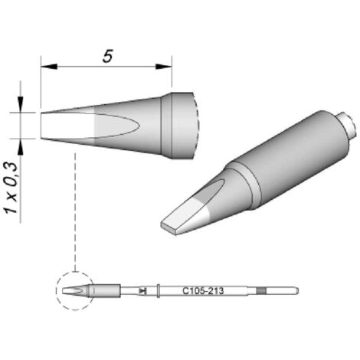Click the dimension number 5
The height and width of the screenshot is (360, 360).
pyautogui.click(x=107, y=57)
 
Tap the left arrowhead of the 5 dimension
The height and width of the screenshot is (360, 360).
pyautogui.click(x=48, y=67)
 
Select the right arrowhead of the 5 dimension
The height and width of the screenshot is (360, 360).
pyautogui.click(x=164, y=67)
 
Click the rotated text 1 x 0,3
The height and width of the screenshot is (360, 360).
pyautogui.click(x=11, y=188)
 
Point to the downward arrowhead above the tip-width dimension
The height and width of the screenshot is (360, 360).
pyautogui.click(x=21, y=104)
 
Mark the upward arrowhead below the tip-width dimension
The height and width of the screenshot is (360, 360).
pyautogui.click(x=21, y=147)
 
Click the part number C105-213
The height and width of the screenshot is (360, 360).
pyautogui.click(x=203, y=291)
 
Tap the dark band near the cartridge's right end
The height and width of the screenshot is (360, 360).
pyautogui.click(x=261, y=291)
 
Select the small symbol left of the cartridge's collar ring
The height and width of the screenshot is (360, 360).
pyautogui.click(x=143, y=291)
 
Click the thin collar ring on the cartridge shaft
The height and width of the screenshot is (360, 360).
pyautogui.click(x=159, y=291)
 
